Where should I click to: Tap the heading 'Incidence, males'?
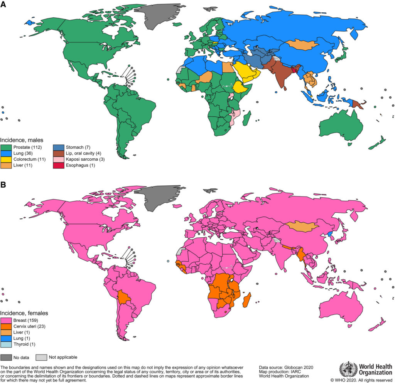point(22,140)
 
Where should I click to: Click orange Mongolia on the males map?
point(303,45)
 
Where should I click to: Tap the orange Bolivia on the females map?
point(124,297)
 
